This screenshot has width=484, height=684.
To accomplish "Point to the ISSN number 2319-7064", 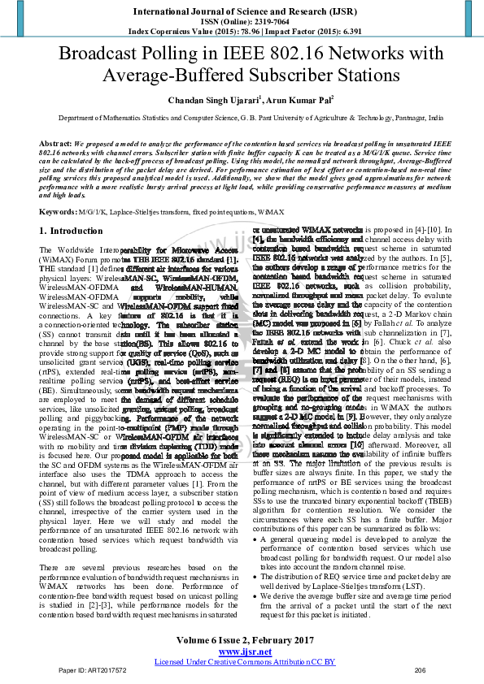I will pos(268,23).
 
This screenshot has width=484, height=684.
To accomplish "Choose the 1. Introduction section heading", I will pos(72,231).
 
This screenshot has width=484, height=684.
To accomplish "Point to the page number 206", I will pos(421,671).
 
